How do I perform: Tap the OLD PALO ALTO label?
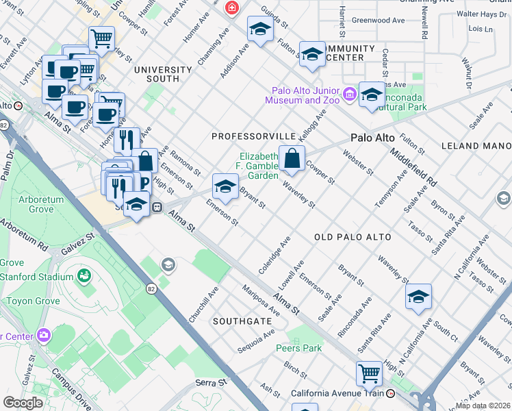(353, 237)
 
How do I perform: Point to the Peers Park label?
(303, 348)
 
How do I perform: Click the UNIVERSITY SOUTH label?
(163, 74)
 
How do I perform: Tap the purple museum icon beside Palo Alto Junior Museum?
(350, 93)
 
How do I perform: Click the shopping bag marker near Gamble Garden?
(292, 159)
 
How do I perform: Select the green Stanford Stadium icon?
(84, 276)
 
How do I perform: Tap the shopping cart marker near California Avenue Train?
(369, 374)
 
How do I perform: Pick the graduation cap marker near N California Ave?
(418, 297)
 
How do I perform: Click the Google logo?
(23, 403)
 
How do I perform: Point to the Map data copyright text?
(483, 406)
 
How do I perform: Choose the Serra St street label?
(209, 383)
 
